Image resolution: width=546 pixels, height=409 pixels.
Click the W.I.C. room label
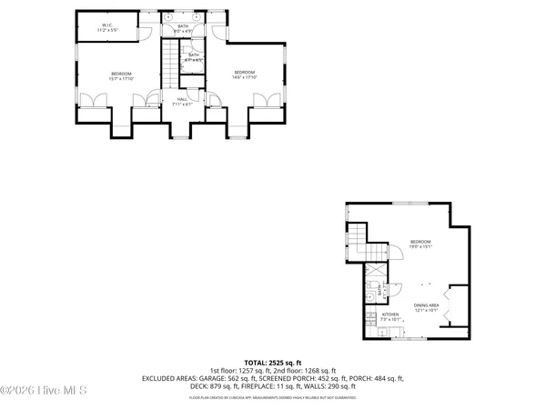click(107, 27)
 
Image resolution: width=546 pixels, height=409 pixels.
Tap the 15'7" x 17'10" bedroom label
click(121, 75)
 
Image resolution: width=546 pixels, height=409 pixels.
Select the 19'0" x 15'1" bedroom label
click(420, 244)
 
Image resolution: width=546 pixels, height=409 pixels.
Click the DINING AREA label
click(426, 307)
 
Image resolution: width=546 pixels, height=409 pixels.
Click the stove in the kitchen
click(371, 318)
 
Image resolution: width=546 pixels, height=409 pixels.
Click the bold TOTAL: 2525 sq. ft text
click(273, 362)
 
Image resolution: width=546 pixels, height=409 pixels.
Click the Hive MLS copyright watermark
click(44, 391)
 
